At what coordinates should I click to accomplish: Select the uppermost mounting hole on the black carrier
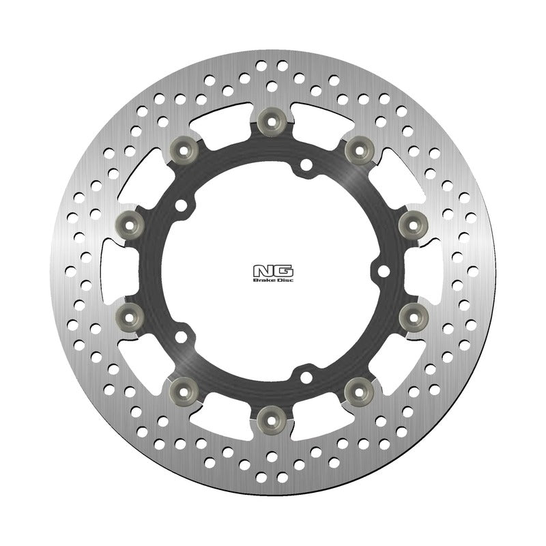306,164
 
